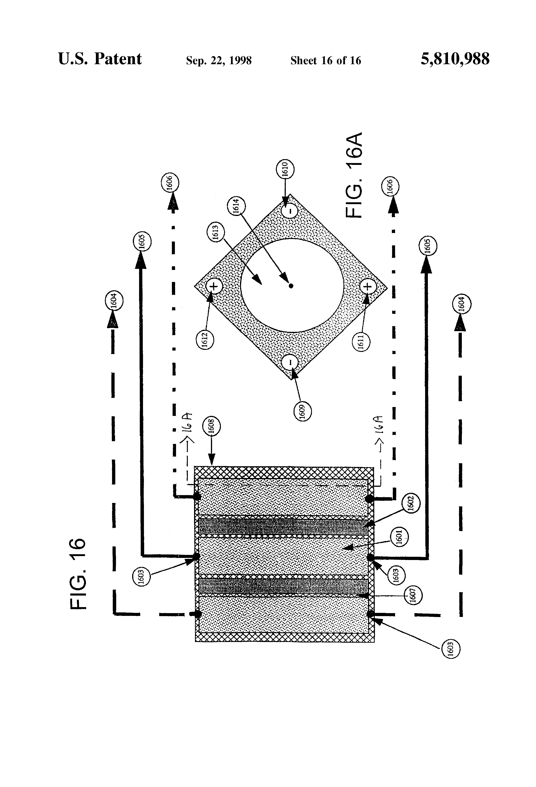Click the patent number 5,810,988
[455, 59]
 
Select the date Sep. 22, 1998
[219, 61]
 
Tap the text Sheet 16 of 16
[326, 61]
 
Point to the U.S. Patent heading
[100, 59]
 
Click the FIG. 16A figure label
[354, 175]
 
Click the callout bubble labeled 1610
[285, 168]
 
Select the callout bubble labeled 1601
[399, 537]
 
